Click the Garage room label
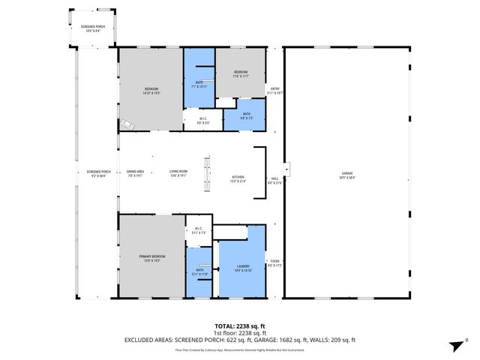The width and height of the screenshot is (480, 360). pos(346,175)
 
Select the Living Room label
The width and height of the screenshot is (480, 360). pos(178,174)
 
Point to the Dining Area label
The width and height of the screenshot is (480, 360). pos(135,174)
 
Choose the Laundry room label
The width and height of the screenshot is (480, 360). pos(242,268)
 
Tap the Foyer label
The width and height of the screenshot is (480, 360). pos(275,262)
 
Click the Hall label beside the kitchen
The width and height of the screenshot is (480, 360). pos(274,180)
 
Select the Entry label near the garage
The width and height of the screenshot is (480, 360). pos(275,91)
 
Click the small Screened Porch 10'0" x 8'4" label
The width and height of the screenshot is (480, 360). pos(94,28)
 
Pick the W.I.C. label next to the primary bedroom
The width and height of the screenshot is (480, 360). pos(199,230)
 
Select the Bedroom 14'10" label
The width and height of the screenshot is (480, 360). pos(151,91)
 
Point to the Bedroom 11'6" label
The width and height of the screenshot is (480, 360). pos(240,73)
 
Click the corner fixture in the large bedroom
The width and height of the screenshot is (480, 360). pos(126,125)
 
